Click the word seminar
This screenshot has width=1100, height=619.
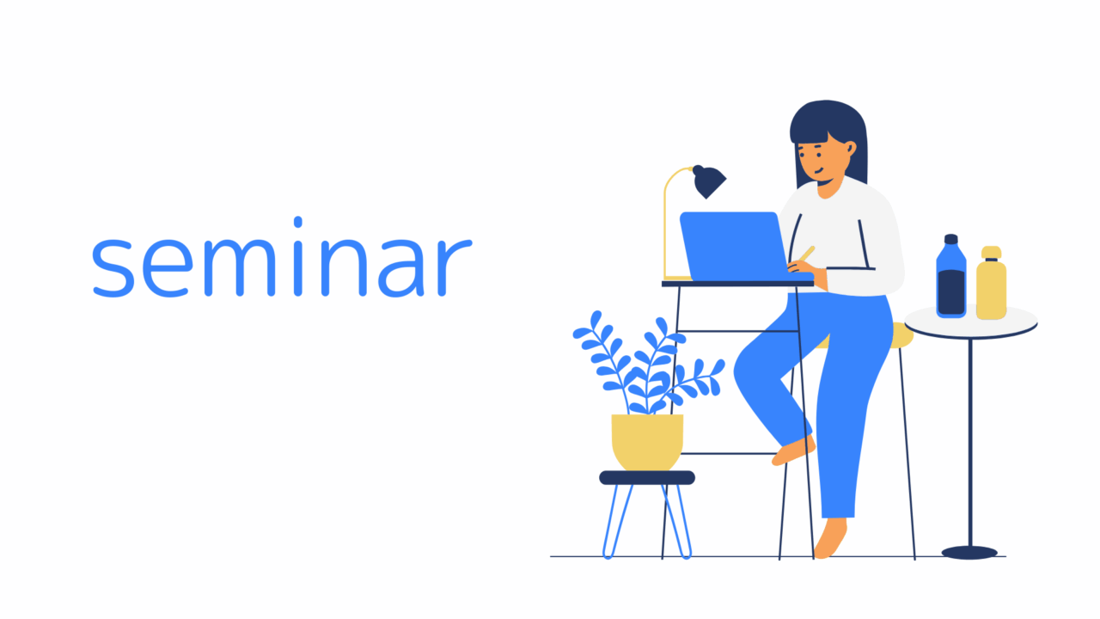pyautogui.click(x=283, y=257)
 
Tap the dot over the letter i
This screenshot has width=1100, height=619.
pyautogui.click(x=297, y=222)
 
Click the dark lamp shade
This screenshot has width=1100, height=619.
pyautogui.click(x=709, y=181)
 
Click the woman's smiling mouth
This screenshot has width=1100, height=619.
pyautogui.click(x=819, y=171)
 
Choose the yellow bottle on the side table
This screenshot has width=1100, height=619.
pyautogui.click(x=991, y=283)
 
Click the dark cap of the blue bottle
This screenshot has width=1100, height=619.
pyautogui.click(x=951, y=239)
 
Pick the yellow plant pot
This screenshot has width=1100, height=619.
pyautogui.click(x=647, y=442)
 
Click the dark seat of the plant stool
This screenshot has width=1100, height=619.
pyautogui.click(x=647, y=477)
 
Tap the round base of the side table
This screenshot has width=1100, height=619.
pyautogui.click(x=969, y=553)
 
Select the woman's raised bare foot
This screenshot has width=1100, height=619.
pyautogui.click(x=793, y=450)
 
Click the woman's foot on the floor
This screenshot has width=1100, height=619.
pyautogui.click(x=830, y=539)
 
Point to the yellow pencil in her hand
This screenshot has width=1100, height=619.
pyautogui.click(x=807, y=254)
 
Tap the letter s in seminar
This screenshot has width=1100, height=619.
pyautogui.click(x=113, y=268)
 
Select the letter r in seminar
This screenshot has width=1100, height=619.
pyautogui.click(x=455, y=267)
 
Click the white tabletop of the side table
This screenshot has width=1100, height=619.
pyautogui.click(x=971, y=322)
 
